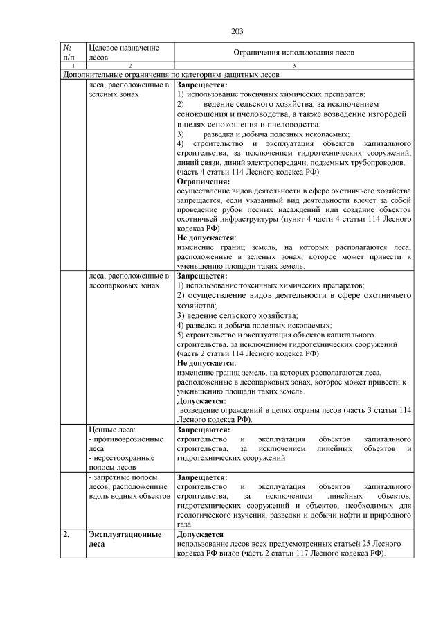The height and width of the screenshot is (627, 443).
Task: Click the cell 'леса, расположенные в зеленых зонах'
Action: pyautogui.click(x=129, y=89)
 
